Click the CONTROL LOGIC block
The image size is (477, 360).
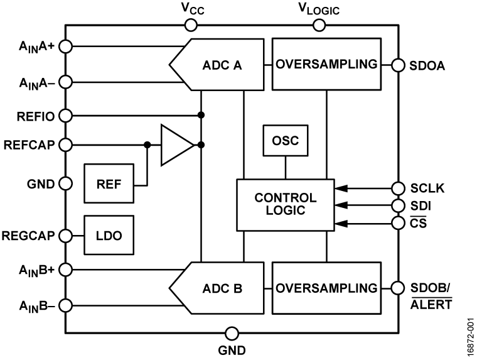tap(286, 205)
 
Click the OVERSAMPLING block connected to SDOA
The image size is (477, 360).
tap(326, 64)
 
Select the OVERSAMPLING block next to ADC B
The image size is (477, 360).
tap(326, 288)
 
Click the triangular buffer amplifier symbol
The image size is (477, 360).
tap(175, 145)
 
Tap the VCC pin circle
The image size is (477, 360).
tap(191, 25)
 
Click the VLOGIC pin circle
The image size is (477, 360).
tap(319, 25)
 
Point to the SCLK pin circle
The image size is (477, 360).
tap(397, 188)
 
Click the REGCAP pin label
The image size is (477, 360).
tap(29, 236)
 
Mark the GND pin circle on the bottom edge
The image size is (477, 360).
tap(232, 333)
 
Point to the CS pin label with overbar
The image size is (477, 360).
tap(418, 222)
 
